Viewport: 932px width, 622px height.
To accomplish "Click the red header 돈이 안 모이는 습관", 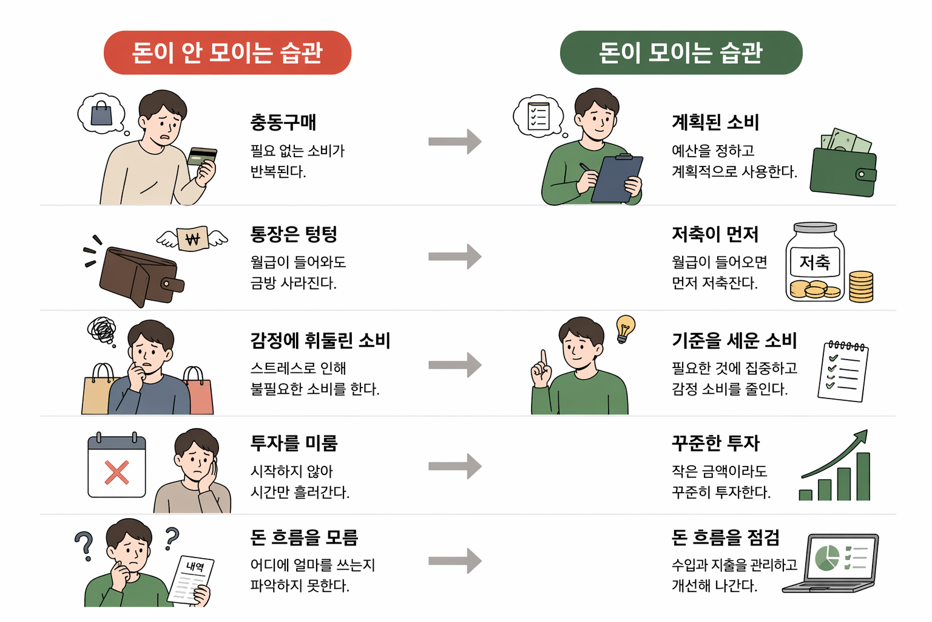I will (228, 53).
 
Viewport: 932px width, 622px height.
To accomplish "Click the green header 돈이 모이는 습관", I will (681, 53).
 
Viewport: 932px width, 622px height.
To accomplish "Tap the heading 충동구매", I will (283, 122).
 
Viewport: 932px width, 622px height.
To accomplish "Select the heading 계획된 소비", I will (715, 122).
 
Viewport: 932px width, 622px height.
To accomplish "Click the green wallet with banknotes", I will (843, 170).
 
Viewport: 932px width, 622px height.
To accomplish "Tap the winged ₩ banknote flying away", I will (192, 238).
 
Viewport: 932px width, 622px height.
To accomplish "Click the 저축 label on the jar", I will (814, 262).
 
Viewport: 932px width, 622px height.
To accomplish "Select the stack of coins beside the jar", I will (861, 286).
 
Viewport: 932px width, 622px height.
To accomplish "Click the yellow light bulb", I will (625, 328).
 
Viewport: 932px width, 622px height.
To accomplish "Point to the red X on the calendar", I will (116, 473).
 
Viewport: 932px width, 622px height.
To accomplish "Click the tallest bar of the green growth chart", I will (863, 476).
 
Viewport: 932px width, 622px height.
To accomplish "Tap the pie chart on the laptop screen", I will (827, 558).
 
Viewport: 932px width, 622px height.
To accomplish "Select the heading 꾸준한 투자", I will (715, 443).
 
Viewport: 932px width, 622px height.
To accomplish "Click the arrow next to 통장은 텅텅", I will (455, 256).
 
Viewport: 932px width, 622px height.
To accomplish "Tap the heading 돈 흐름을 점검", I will (725, 538).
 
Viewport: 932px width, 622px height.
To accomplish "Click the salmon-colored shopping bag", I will (198, 394).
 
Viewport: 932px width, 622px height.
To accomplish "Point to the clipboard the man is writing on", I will (616, 179).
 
